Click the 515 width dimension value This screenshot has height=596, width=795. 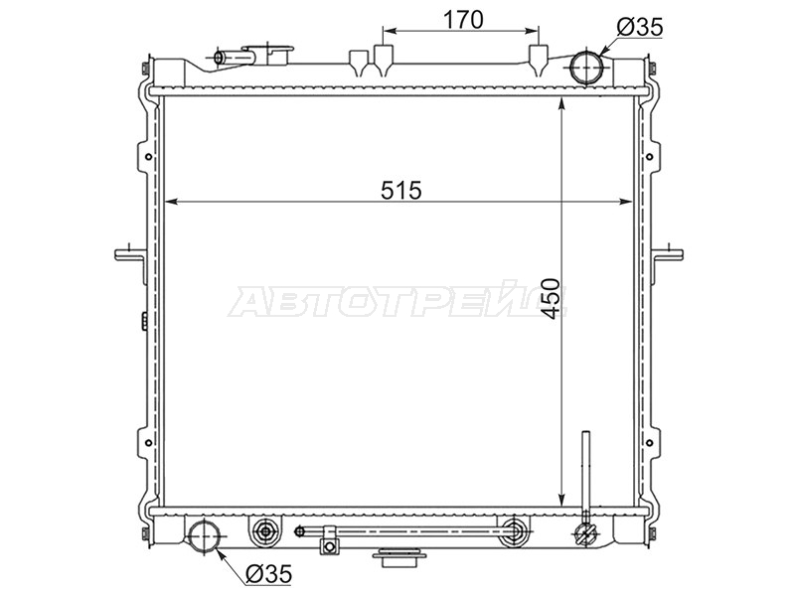[x=401, y=191]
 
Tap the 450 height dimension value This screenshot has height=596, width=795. [x=553, y=299]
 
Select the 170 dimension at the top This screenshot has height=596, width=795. [x=463, y=20]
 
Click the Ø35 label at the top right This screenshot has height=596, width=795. [x=640, y=27]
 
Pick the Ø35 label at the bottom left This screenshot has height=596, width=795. [x=269, y=574]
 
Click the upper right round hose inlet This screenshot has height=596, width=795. [x=585, y=68]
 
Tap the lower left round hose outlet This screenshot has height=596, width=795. [x=205, y=536]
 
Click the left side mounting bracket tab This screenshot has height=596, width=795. [x=129, y=256]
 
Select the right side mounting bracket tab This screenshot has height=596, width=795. [x=668, y=255]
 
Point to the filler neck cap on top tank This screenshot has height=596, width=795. [x=269, y=55]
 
